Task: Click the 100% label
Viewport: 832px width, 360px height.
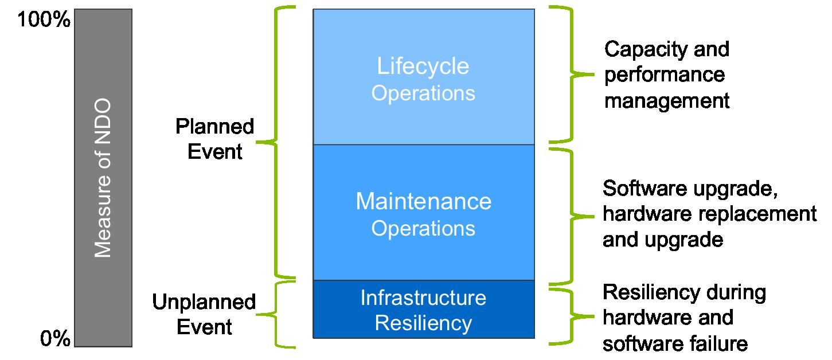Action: pos(44,21)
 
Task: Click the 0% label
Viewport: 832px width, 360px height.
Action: pos(55,339)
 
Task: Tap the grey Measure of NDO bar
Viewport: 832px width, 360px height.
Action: pos(103,178)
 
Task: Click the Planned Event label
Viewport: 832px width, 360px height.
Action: pos(214,139)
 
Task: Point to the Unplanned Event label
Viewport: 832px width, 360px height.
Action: pos(204,314)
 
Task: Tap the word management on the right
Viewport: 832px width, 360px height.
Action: pos(667,101)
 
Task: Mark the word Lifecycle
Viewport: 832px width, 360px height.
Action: pos(423,66)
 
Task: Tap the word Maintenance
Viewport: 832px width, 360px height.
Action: pos(423,202)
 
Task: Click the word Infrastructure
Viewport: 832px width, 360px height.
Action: pos(423,298)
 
